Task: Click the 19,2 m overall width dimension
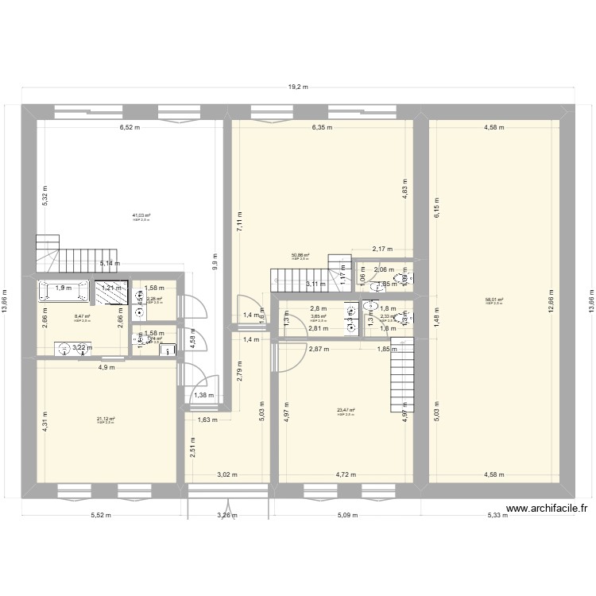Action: click(298, 88)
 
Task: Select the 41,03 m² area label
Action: click(141, 215)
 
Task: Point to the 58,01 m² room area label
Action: click(494, 300)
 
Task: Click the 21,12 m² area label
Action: click(106, 420)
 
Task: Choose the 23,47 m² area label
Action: click(345, 411)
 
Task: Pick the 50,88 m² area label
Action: click(300, 256)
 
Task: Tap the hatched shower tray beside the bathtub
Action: click(111, 292)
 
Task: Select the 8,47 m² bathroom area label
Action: click(82, 316)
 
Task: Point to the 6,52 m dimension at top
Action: click(131, 126)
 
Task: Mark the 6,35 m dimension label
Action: click(321, 126)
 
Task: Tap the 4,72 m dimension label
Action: click(345, 475)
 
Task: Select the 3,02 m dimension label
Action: click(228, 475)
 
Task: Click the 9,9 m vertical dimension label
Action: click(215, 262)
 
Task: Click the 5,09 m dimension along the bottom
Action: click(347, 515)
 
